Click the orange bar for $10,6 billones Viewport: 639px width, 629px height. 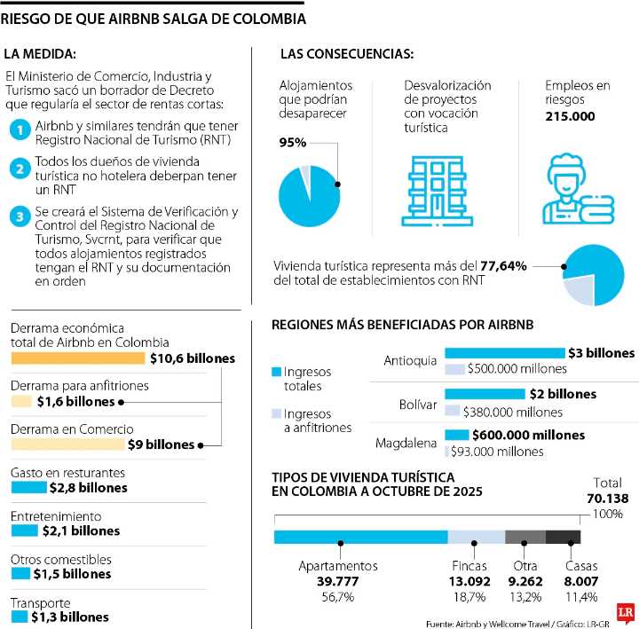[x=77, y=358]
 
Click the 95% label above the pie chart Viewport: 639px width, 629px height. [x=293, y=143]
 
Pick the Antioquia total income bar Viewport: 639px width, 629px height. [x=504, y=353]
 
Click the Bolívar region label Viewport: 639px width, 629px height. [x=418, y=405]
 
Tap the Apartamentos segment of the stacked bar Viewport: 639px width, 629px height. [x=360, y=537]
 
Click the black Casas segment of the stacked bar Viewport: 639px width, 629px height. [x=563, y=537]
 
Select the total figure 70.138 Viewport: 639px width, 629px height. [x=607, y=499]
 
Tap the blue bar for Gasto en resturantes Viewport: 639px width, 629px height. [x=28, y=487]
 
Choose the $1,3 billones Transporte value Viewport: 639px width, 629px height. [x=70, y=617]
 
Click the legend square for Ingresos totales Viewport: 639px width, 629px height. [x=276, y=371]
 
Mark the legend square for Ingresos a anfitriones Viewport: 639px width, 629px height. [x=276, y=413]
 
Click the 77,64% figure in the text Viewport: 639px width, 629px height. [x=503, y=266]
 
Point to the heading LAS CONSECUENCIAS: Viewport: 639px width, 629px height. [x=346, y=55]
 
